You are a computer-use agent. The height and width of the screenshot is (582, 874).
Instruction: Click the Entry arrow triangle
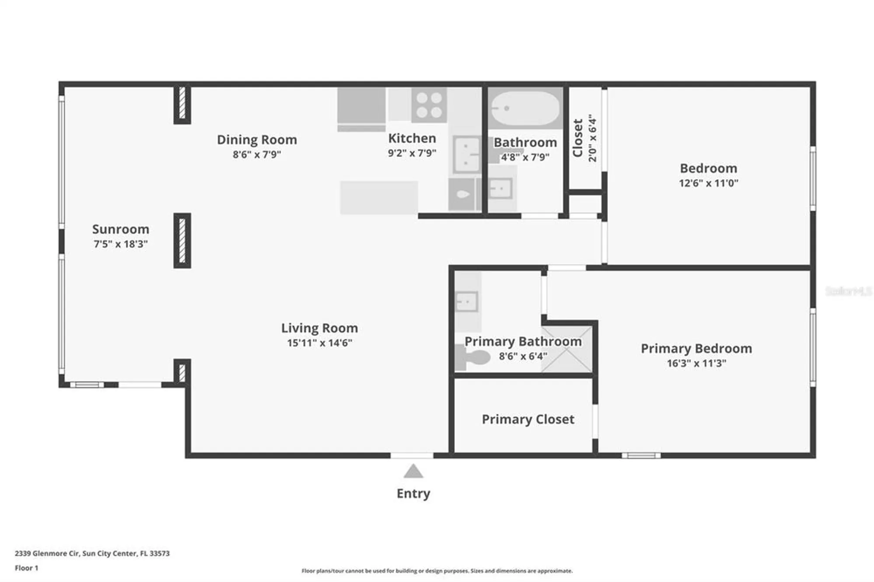pyautogui.click(x=413, y=471)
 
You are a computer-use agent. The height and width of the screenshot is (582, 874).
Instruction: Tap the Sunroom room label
pyautogui.click(x=121, y=229)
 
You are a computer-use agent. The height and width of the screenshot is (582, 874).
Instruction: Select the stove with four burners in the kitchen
pyautogui.click(x=429, y=105)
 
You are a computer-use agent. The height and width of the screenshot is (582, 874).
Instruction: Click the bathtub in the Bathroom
pyautogui.click(x=525, y=108)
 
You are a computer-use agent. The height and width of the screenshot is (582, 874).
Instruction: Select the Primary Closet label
pyautogui.click(x=528, y=419)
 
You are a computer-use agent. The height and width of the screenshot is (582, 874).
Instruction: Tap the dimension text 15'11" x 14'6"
pyautogui.click(x=319, y=343)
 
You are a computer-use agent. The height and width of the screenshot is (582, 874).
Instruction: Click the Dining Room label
pyautogui.click(x=257, y=140)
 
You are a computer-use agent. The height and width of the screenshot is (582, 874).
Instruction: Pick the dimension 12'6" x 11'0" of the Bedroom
pyautogui.click(x=708, y=183)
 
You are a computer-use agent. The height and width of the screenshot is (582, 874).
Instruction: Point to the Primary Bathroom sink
pyautogui.click(x=466, y=301)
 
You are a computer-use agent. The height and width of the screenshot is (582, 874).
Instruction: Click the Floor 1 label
pyautogui.click(x=27, y=568)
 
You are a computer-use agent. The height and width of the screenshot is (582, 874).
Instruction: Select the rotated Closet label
pyautogui.click(x=578, y=138)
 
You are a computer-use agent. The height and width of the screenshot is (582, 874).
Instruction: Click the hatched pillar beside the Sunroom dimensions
pyautogui.click(x=182, y=240)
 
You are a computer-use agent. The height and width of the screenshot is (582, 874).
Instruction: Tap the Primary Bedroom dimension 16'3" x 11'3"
pyautogui.click(x=696, y=363)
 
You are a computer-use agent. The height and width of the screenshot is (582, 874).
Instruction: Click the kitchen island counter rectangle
pyautogui.click(x=379, y=197)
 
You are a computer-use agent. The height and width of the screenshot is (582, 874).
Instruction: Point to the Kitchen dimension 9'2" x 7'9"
pyautogui.click(x=412, y=153)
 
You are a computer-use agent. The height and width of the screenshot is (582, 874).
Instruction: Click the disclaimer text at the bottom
pyautogui.click(x=437, y=571)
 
